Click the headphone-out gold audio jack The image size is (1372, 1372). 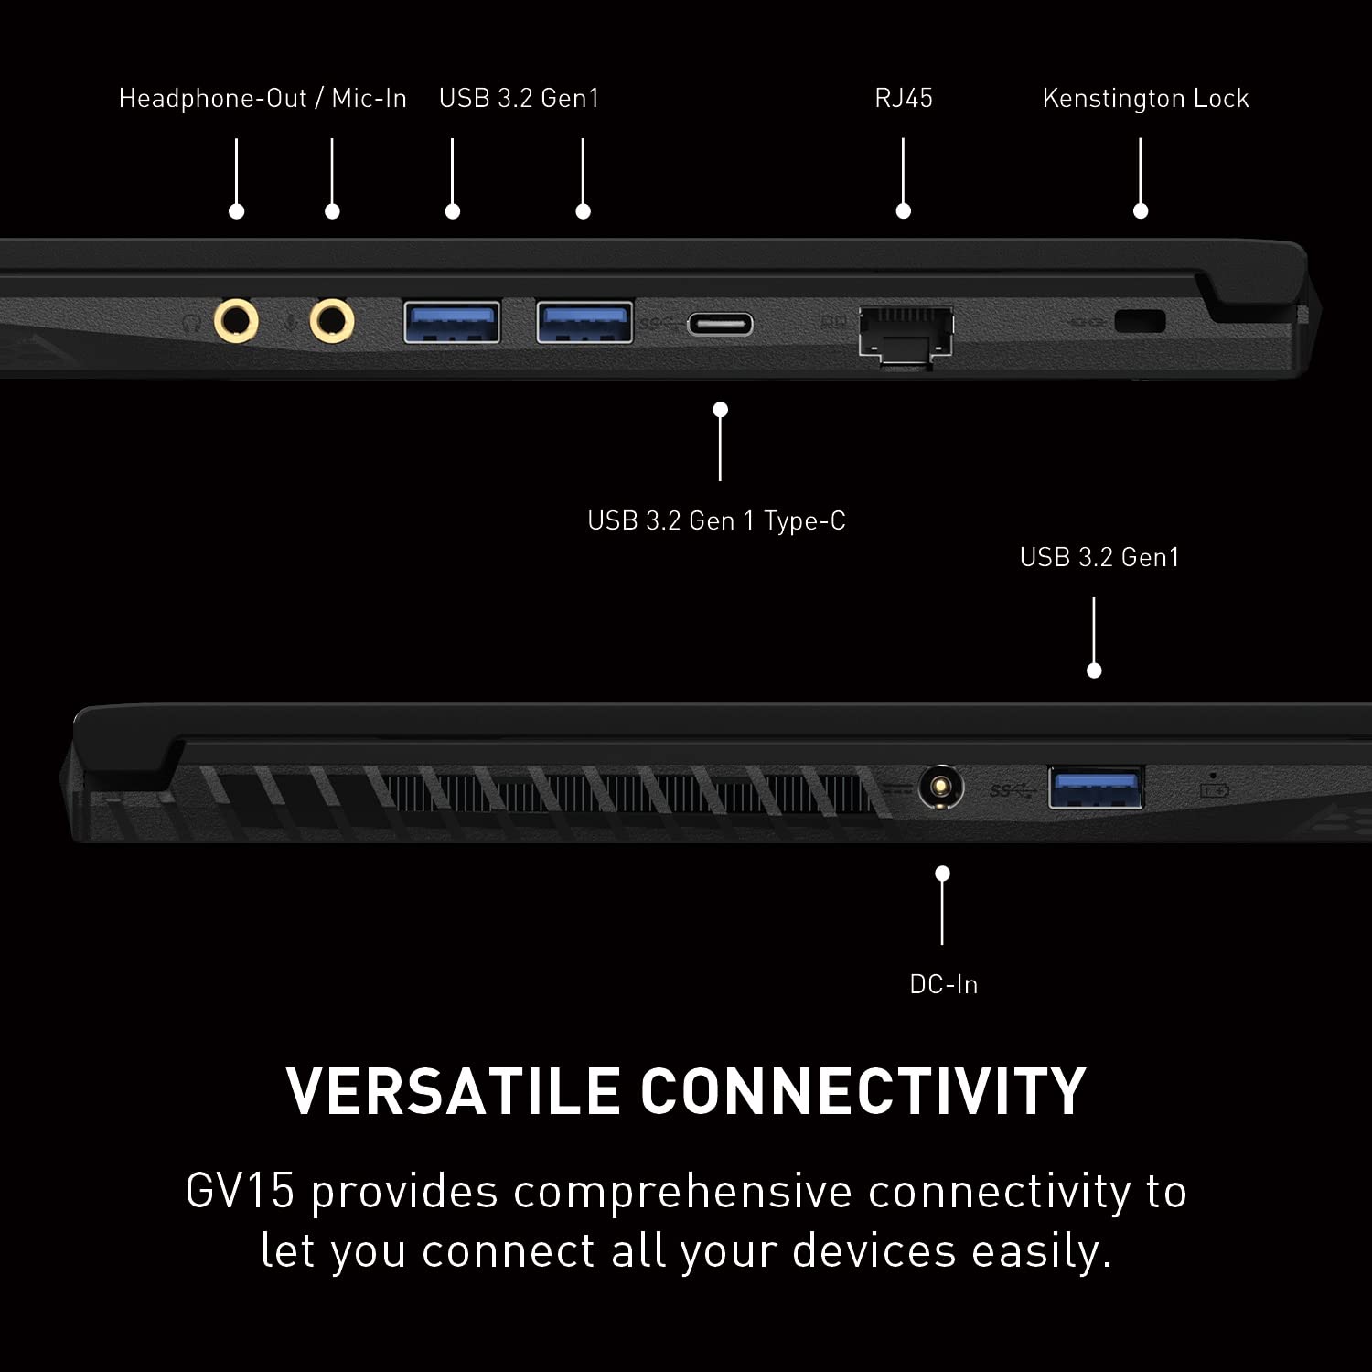click(x=236, y=322)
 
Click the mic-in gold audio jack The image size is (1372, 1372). click(x=332, y=322)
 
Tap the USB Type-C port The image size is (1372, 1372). click(x=721, y=324)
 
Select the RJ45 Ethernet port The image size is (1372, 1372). click(x=906, y=333)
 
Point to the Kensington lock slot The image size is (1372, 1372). click(x=1141, y=322)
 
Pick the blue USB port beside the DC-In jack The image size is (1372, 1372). click(x=1095, y=788)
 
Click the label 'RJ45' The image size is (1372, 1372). click(x=904, y=99)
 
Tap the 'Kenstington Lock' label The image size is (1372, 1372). click(x=1145, y=99)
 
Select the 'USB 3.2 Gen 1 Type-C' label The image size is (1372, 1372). click(x=716, y=521)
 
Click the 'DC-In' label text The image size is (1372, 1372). click(x=943, y=985)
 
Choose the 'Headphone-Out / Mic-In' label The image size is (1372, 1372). click(x=263, y=99)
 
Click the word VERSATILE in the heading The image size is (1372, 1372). click(x=454, y=1091)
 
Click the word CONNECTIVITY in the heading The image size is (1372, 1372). click(x=863, y=1091)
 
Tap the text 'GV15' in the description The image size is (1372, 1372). click(x=240, y=1192)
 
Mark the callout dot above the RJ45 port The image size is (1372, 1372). click(x=904, y=211)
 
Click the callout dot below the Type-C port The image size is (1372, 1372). click(x=721, y=409)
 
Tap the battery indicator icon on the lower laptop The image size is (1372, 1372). click(x=1214, y=788)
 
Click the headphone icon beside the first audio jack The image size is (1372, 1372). click(x=192, y=323)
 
